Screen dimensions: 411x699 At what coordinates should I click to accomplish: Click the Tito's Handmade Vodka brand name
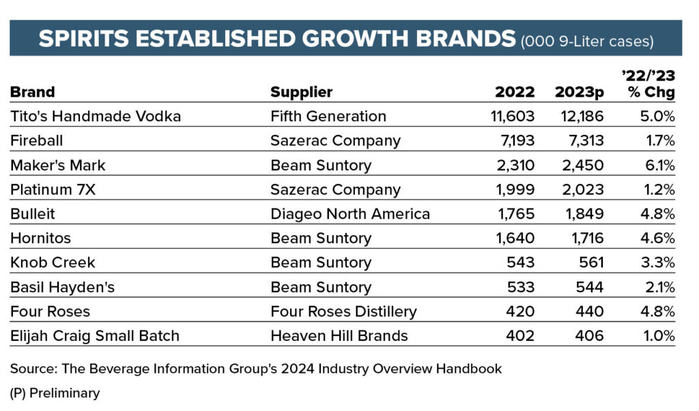point(96,117)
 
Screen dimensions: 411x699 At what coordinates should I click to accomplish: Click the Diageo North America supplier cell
point(350,214)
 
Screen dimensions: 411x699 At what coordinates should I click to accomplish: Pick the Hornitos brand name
point(40,239)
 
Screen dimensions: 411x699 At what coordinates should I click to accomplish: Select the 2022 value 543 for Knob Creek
point(521,263)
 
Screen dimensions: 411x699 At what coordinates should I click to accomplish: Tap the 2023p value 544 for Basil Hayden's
point(589,287)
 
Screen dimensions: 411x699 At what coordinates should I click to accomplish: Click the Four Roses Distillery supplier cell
point(343,311)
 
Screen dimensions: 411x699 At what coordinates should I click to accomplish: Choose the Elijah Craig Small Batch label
point(95,336)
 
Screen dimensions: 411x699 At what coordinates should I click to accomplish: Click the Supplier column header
point(301,92)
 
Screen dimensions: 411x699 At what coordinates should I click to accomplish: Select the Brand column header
point(32,92)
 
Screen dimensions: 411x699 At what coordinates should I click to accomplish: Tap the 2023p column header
point(580,92)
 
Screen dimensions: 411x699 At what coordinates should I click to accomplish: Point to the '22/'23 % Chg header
point(651,85)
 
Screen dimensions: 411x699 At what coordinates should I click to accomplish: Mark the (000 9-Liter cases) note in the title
point(587,41)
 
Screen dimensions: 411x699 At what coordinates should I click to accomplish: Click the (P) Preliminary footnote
point(55,393)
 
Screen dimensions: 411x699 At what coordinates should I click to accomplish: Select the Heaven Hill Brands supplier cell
point(339,336)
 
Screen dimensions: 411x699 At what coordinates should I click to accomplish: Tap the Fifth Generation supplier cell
point(328,117)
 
